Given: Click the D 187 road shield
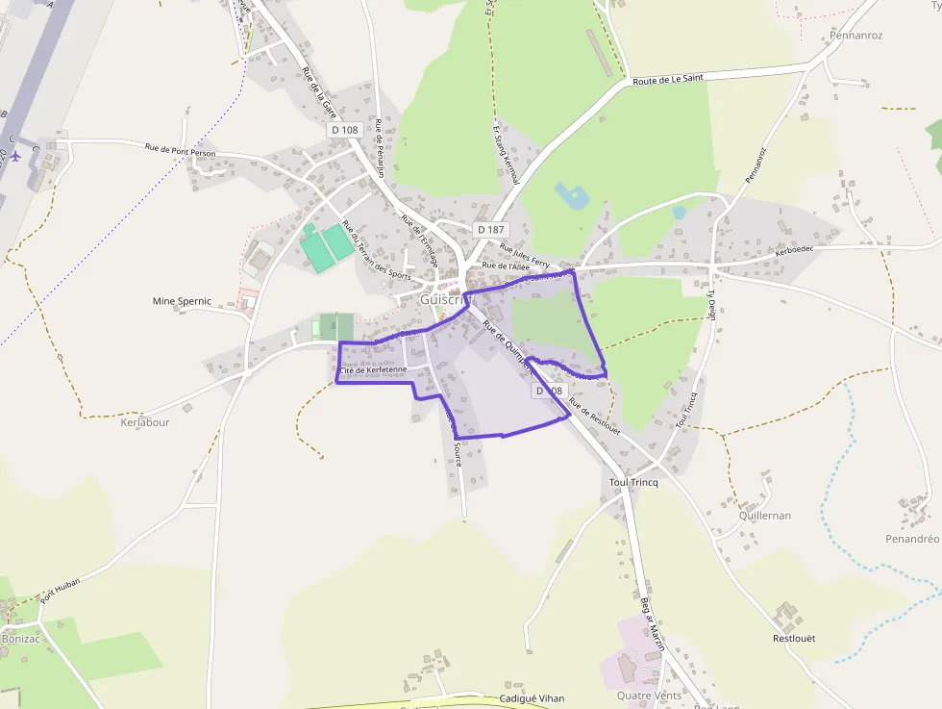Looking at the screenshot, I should coord(489,229).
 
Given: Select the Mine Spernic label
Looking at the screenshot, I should coord(182,301).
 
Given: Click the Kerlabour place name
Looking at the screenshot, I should coord(145,422).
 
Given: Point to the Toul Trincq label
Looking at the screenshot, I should coord(633,482).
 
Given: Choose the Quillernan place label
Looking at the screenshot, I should coord(765,516).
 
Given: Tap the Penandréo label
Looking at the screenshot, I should coord(912,539).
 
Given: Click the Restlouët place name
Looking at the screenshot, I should coord(794,638).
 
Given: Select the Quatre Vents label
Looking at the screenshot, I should coord(649,696).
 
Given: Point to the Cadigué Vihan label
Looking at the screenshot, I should coord(533,698).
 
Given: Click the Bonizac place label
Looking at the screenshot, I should coord(22,639).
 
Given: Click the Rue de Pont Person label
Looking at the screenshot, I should coord(181,150).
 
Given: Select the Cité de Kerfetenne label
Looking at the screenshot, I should coord(373,369).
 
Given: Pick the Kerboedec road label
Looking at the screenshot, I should coord(794,250).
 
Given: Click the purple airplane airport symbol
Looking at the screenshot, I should coord(14,155).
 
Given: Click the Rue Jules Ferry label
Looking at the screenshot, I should coord(524,254).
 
